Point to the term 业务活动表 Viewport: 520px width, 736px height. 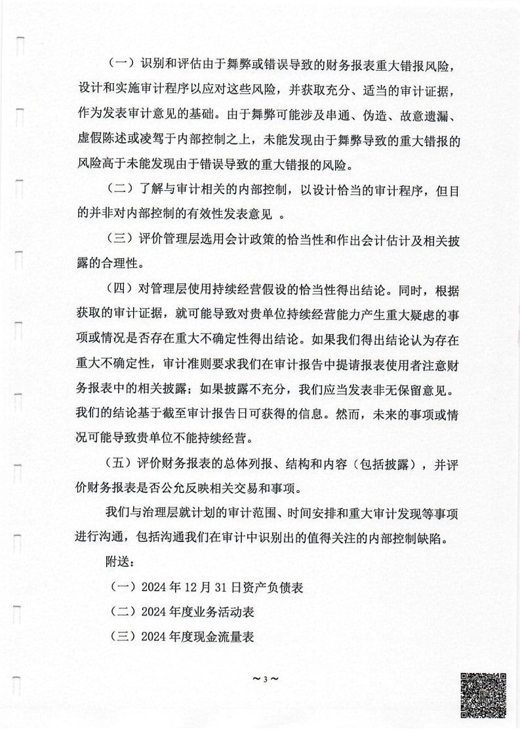226,612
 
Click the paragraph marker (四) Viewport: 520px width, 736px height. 119,289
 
